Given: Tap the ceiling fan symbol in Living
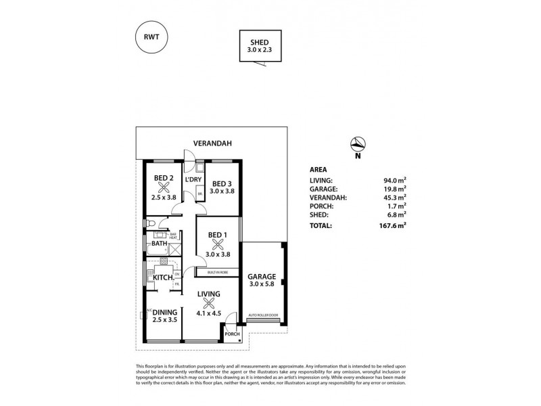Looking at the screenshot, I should coord(210,302).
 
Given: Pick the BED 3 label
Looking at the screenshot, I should coord(222,183).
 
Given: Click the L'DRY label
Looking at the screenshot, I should coord(194,179).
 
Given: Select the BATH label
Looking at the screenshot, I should coord(160,244).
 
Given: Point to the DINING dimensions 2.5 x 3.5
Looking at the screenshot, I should coord(164,321).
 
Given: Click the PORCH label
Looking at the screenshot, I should coord(232,334).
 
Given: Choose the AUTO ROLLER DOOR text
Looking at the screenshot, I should coord(263,316).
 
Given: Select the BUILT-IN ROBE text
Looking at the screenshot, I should coord(217,272).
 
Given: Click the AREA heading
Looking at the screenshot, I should coord(318,169).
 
